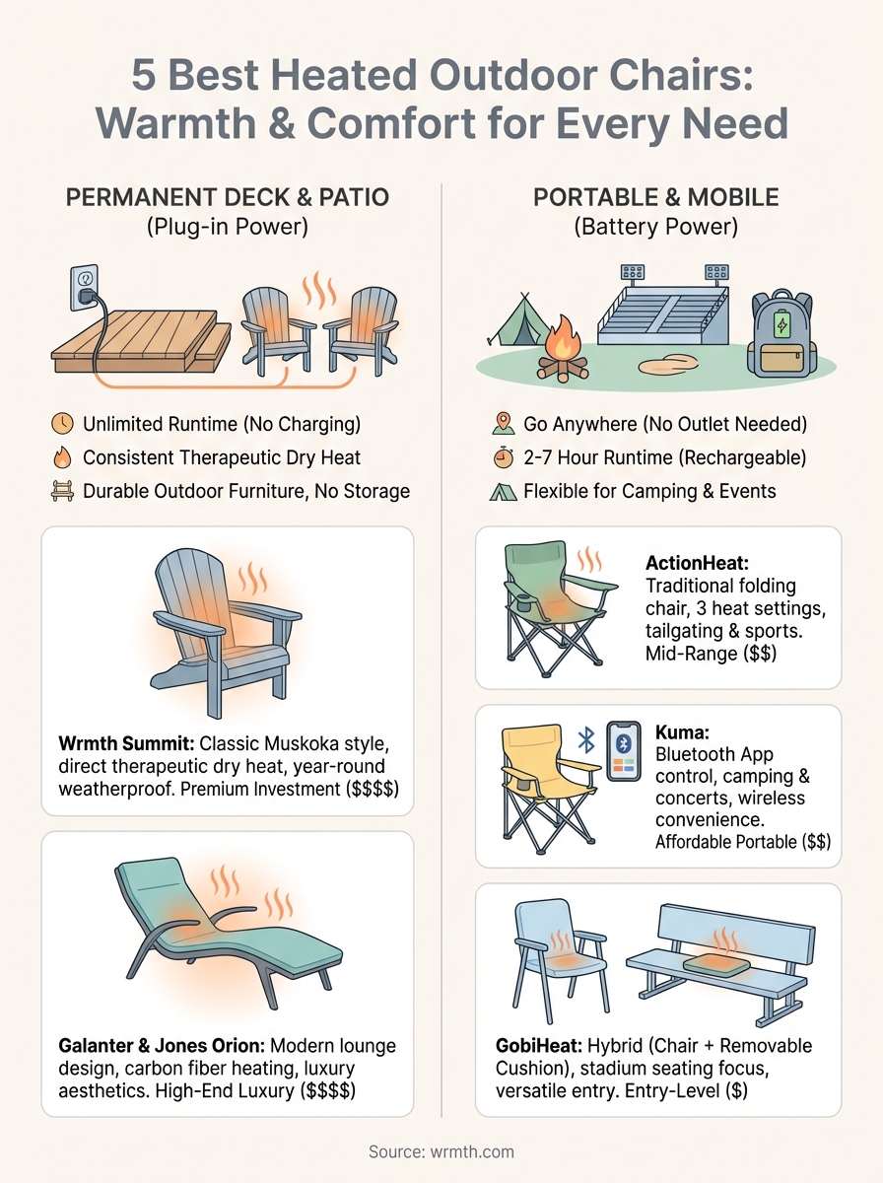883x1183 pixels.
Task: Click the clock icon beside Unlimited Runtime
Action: coord(61,425)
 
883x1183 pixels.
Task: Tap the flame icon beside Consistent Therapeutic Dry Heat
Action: coord(61,457)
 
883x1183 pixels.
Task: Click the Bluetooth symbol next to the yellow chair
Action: coord(585,740)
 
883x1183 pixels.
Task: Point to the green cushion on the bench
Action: coord(729,965)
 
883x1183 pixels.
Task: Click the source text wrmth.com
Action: coord(441,1151)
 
